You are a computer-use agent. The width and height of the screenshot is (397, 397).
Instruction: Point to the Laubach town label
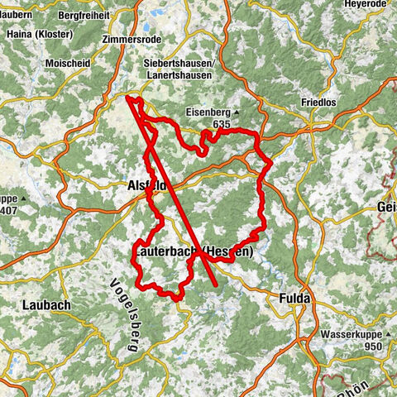pos(41,305)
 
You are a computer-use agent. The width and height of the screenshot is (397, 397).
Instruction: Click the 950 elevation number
pos(371,347)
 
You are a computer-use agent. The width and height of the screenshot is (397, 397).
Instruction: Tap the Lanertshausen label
pos(175,76)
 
